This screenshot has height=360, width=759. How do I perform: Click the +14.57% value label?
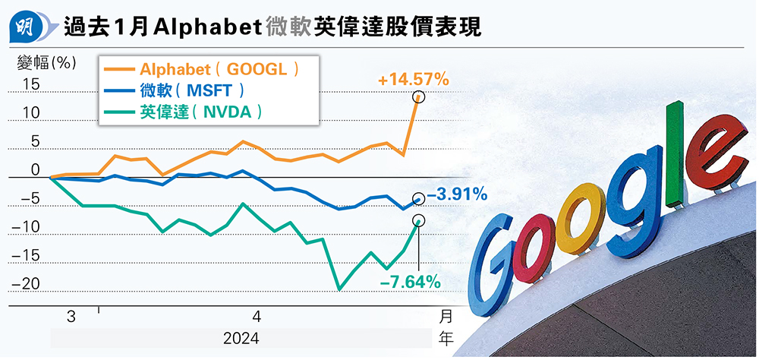[x=415, y=79]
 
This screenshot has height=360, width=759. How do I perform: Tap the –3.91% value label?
[x=457, y=196]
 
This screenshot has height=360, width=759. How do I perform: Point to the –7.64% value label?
[x=411, y=283]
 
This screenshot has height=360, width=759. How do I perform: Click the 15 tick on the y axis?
[x=30, y=85]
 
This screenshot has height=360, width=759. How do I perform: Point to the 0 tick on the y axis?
[x=35, y=170]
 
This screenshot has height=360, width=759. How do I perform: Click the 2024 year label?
[x=241, y=338]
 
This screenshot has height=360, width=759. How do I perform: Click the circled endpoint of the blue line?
[x=419, y=198]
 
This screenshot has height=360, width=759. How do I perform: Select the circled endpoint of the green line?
[x=419, y=220]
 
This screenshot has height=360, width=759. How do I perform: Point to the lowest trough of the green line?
[x=339, y=289]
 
